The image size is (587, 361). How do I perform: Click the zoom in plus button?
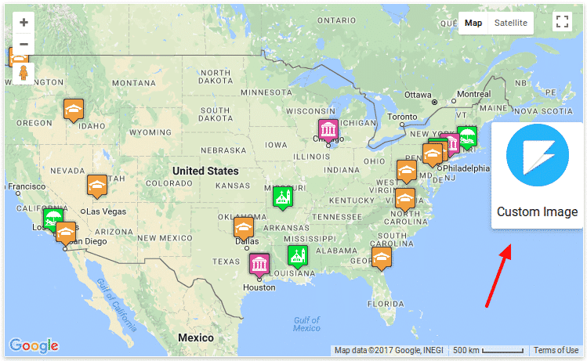pos(24,23)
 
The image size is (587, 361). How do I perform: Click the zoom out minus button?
pos(24,44)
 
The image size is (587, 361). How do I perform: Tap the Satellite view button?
pos(509,23)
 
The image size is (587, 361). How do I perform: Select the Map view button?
pos(473,23)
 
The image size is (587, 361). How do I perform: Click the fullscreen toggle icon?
pos(561,23)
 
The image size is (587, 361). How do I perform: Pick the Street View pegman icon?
pos(24,73)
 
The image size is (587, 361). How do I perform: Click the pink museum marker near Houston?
pos(259,263)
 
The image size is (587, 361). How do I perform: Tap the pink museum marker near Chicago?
pos(328,129)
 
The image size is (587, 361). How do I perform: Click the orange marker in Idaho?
pos(74,110)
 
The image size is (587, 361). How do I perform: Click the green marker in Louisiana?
pos(297,255)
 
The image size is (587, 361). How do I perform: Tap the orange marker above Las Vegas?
pos(97,185)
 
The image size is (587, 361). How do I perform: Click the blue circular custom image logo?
pos(537,155)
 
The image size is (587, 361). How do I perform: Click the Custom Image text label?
pos(537,211)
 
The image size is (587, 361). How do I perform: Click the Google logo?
pos(34,345)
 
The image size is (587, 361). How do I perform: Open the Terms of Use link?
pos(556,350)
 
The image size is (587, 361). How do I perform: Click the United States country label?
pos(205,171)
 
